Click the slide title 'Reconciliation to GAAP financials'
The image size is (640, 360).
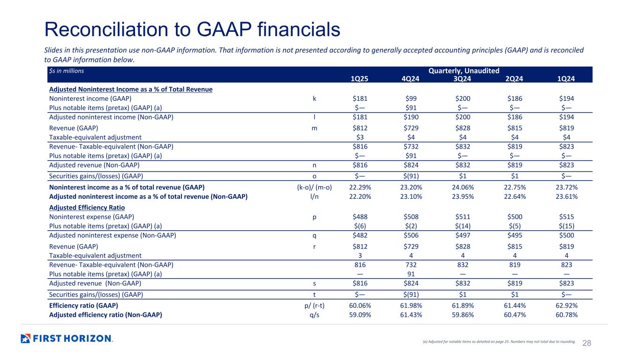point(192,30)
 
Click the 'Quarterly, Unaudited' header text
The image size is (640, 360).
point(464,71)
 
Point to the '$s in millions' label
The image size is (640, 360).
point(67,71)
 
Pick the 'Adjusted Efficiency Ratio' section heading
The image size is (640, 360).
point(86,207)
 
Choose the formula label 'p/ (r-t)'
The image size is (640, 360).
point(311,306)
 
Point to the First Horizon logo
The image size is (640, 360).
point(67,338)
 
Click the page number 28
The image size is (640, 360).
point(587,343)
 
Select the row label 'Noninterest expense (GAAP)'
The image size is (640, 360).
point(91,217)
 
